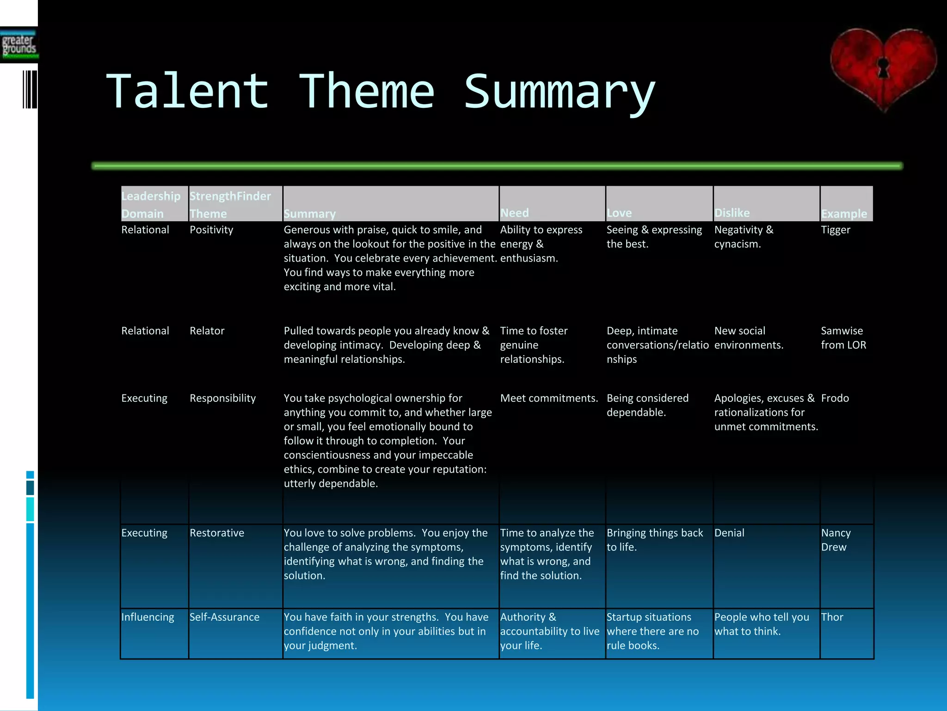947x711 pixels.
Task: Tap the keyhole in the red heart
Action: pos(883,69)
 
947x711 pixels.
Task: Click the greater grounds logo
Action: pos(19,45)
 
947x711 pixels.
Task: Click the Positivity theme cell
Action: pos(211,230)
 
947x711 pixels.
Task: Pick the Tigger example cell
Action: pos(835,230)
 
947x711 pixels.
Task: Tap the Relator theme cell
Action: pos(207,331)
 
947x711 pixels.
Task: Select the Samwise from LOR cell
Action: pos(843,338)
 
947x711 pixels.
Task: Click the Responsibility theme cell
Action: pos(222,399)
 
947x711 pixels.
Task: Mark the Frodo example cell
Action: pos(835,399)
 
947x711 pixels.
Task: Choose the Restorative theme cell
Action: pos(216,533)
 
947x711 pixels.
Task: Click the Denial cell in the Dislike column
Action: pos(729,533)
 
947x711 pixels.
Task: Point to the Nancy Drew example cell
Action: pos(836,540)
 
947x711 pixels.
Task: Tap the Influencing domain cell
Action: pos(148,617)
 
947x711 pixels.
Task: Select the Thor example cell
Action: pos(832,617)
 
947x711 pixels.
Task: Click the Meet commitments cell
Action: pos(549,399)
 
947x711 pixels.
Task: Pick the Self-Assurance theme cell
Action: pos(224,617)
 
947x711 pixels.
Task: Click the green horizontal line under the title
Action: pos(497,166)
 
